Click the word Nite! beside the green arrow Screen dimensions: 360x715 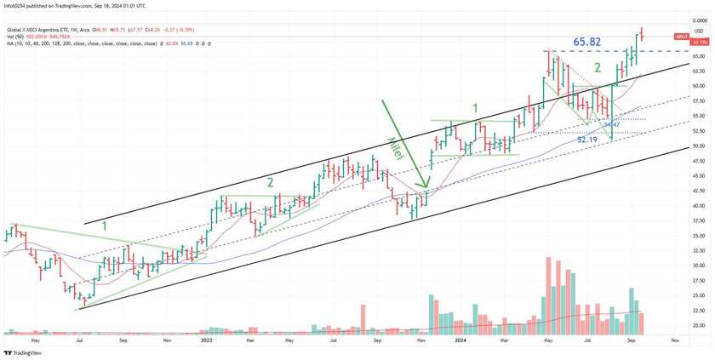coord(395,149)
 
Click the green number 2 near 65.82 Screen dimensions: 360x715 coord(598,68)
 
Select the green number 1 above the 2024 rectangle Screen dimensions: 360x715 coord(475,108)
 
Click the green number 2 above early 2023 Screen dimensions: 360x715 coord(270,182)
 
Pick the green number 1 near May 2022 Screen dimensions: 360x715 coord(105,226)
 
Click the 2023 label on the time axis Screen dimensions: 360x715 coord(205,340)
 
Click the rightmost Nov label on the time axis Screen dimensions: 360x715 coord(674,340)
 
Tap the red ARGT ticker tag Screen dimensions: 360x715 coord(680,37)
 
